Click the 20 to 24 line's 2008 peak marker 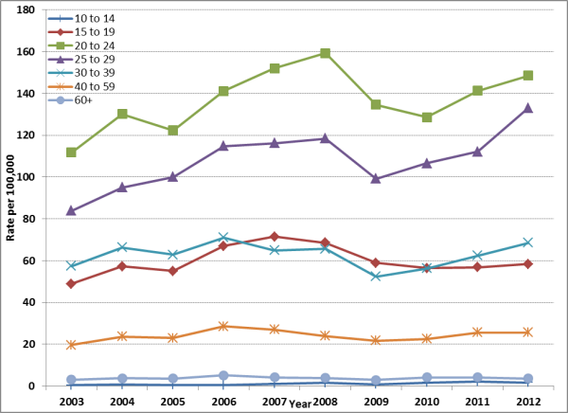(x=325, y=53)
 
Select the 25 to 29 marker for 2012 (x=527, y=108)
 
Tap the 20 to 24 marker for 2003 (x=72, y=153)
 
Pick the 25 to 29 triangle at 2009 (x=376, y=178)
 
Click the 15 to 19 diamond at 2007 (x=275, y=237)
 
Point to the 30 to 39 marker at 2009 (x=376, y=277)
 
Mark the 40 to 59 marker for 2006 (x=223, y=326)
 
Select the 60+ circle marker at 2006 (x=223, y=375)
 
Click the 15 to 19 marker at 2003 (x=72, y=283)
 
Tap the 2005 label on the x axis (x=173, y=402)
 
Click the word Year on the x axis (x=299, y=404)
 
